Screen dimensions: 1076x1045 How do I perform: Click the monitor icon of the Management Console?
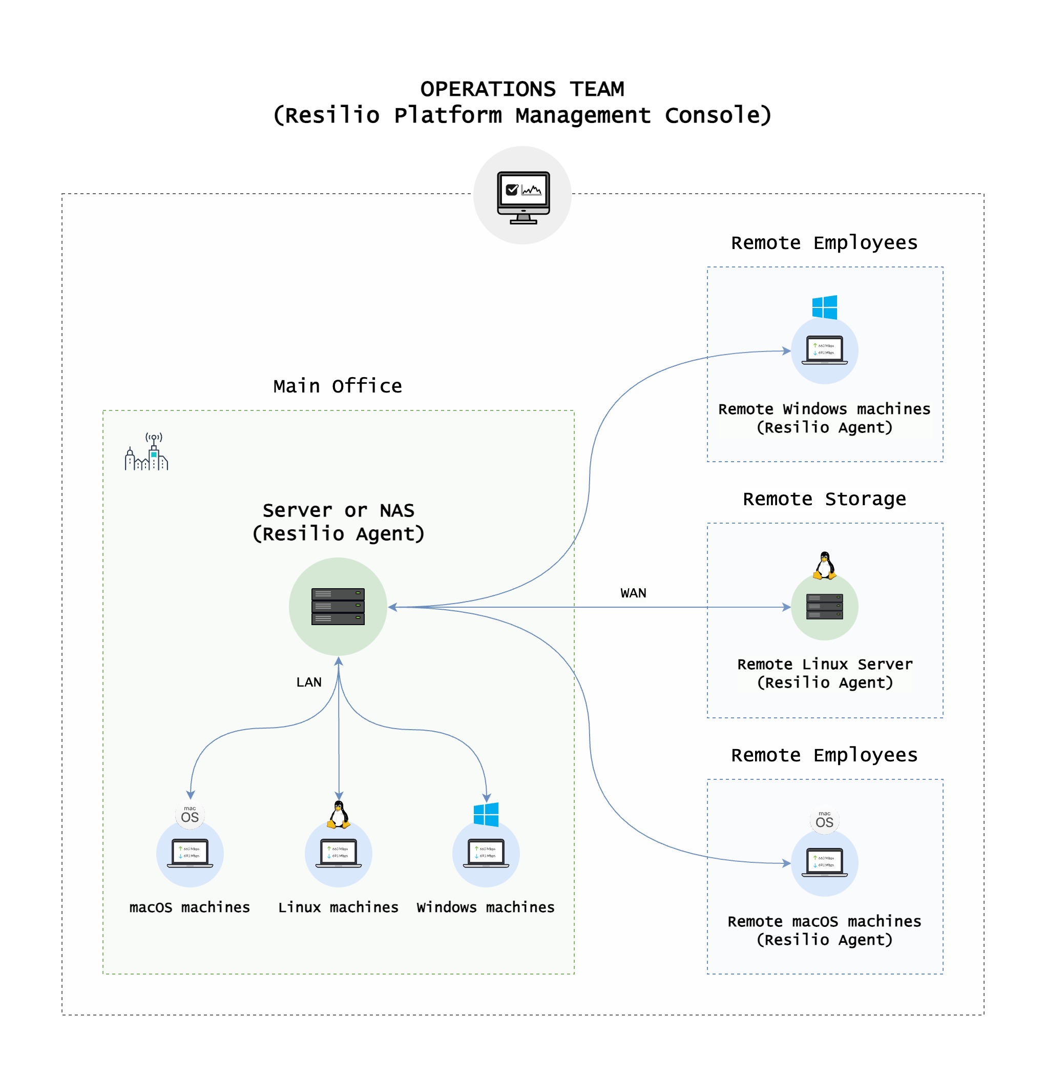pyautogui.click(x=523, y=197)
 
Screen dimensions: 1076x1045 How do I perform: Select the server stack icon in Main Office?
pyautogui.click(x=338, y=607)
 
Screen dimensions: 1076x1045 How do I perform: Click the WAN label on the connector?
pyautogui.click(x=633, y=593)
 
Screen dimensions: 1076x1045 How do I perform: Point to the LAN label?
pyautogui.click(x=308, y=682)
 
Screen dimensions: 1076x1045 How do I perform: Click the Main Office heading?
pyautogui.click(x=338, y=386)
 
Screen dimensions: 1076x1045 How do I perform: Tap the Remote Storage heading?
pyautogui.click(x=824, y=499)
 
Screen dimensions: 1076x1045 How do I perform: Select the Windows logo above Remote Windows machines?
pyautogui.click(x=824, y=307)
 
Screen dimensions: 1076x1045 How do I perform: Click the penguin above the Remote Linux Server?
pyautogui.click(x=824, y=566)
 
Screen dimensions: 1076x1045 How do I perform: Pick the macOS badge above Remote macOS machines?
pyautogui.click(x=824, y=820)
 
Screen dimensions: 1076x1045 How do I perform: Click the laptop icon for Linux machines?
pyautogui.click(x=339, y=853)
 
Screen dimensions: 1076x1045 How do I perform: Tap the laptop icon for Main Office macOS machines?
pyautogui.click(x=190, y=853)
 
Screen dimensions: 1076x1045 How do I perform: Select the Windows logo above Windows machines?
pyautogui.click(x=486, y=814)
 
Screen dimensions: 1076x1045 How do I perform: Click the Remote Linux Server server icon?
pyautogui.click(x=824, y=607)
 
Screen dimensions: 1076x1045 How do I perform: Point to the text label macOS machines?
pyautogui.click(x=190, y=907)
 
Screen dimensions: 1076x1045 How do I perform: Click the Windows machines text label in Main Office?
pyautogui.click(x=485, y=907)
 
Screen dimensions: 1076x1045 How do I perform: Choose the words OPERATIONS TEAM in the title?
pyautogui.click(x=522, y=89)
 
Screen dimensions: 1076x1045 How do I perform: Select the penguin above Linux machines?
pyautogui.click(x=339, y=814)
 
